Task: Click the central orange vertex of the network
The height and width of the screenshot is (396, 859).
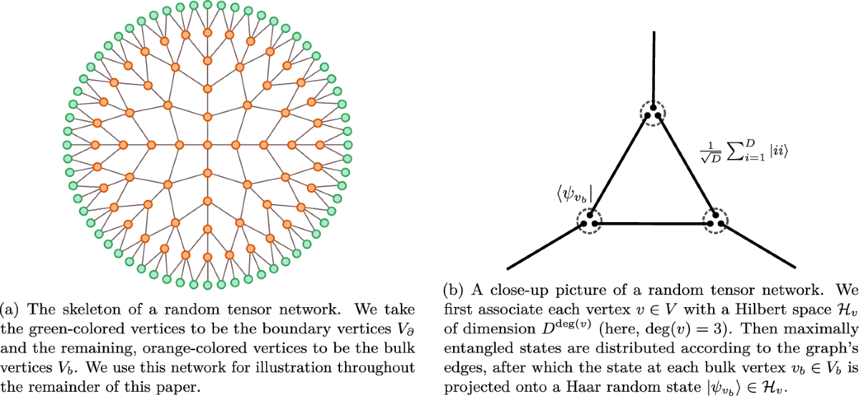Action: [x=208, y=145]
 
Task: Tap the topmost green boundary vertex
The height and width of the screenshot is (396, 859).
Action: [x=208, y=5]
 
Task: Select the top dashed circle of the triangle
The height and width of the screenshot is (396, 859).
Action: [x=652, y=113]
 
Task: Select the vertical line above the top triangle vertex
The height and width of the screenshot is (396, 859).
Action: [x=653, y=68]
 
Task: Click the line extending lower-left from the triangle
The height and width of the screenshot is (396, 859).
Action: [x=544, y=247]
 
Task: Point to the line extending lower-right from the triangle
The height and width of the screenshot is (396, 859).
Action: [x=759, y=247]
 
